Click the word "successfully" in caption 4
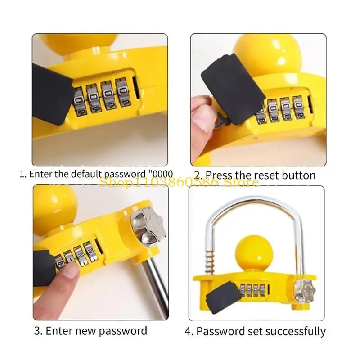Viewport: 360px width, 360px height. [295, 332]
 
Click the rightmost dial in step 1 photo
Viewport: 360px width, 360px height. [121, 92]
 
